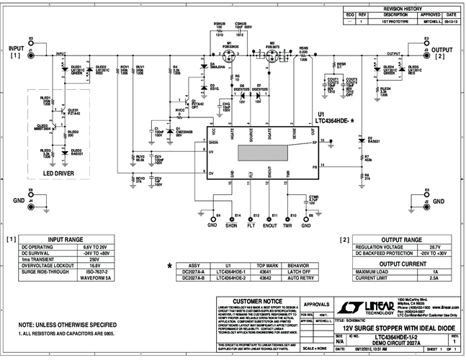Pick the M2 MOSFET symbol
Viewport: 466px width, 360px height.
(272, 55)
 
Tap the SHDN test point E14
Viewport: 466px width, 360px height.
(231, 215)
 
